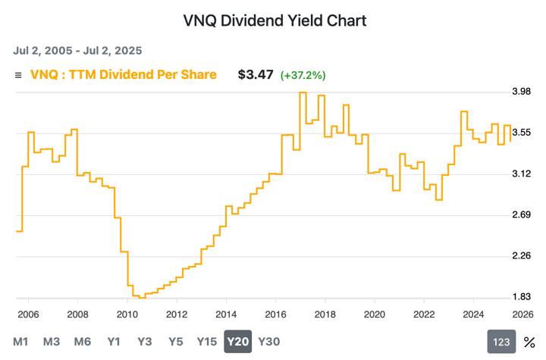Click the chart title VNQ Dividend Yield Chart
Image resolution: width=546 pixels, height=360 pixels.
pos(275,20)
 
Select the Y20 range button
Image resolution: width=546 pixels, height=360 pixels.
pos(237,342)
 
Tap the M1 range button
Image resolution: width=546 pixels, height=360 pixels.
pos(20,342)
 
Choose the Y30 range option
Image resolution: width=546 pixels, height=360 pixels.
pos(269,342)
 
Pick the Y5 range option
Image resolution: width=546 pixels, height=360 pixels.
pos(175,342)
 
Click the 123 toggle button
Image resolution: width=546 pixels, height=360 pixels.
pos(500,343)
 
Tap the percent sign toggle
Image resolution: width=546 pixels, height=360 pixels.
pos(529,343)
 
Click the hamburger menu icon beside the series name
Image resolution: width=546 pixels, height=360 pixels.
pos(19,75)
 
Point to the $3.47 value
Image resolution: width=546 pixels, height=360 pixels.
pos(256,75)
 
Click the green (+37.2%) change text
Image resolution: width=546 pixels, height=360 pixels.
pos(303,76)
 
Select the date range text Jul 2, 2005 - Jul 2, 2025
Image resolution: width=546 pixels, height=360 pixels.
pos(77,51)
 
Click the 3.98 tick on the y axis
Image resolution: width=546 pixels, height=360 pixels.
pos(522,92)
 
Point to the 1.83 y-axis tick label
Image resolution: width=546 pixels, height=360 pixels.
pos(522,297)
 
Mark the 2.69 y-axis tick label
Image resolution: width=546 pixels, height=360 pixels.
pos(522,215)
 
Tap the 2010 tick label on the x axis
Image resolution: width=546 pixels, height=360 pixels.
pos(127,315)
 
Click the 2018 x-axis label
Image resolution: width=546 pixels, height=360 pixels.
pos(325,315)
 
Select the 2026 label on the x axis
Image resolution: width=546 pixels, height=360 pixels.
pos(522,315)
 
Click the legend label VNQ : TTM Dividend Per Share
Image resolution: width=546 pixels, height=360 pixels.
pos(123,74)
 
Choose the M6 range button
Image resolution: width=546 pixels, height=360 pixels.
pos(83,342)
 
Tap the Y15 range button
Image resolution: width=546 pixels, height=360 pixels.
pos(207,342)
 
